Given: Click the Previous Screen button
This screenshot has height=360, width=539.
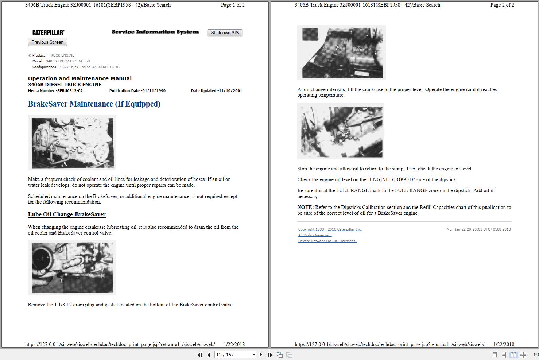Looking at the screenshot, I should (47, 42).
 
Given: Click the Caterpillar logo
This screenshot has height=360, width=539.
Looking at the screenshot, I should (48, 32).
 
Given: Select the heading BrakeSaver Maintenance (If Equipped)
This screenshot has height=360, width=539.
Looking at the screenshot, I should (94, 104).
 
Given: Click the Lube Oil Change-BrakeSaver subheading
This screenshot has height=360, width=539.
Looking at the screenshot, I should (67, 214).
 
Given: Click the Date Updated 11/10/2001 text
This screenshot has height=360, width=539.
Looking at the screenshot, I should (216, 91).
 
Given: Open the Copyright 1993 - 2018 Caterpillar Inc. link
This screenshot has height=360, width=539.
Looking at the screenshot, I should (330, 229).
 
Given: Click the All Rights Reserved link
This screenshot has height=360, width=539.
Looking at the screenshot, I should (315, 235).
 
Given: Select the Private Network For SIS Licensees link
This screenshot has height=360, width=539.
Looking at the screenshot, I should (327, 241).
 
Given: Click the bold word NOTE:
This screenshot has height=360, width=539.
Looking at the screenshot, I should (305, 208).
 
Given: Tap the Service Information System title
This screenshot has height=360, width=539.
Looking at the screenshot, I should (155, 32).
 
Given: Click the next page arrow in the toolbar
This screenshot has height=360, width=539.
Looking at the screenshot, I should (261, 355).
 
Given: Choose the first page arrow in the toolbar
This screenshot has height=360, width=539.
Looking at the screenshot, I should (200, 355).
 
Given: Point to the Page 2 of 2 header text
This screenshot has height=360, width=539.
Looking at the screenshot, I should (502, 5).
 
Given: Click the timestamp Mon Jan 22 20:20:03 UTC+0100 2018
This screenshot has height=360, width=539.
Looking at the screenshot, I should (478, 229).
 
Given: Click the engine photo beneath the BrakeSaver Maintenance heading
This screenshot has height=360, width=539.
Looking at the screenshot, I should (72, 143).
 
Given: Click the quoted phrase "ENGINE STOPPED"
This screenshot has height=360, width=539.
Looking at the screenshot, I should (391, 180).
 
